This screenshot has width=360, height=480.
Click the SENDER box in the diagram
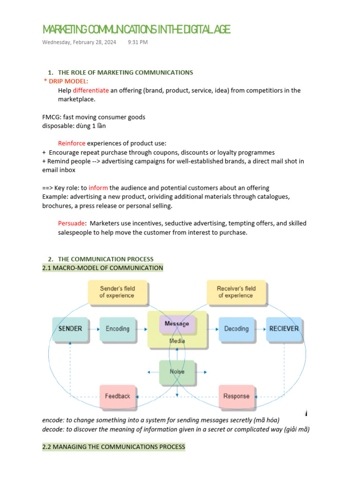tap(70, 329)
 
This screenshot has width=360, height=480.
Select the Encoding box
tap(117, 329)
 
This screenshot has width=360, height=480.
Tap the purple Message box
tap(177, 324)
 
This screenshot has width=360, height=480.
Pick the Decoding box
tap(236, 329)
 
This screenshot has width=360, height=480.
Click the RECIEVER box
tap(284, 329)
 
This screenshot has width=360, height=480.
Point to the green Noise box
tap(177, 371)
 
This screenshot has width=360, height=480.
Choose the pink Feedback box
tap(118, 396)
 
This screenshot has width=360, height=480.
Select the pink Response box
tap(236, 396)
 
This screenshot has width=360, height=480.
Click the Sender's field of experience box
tap(117, 292)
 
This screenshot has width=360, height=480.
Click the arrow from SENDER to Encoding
tap(94, 329)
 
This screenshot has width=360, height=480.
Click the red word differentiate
tap(91, 90)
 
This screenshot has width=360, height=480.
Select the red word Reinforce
tap(72, 143)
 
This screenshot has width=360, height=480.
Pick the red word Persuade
tap(71, 223)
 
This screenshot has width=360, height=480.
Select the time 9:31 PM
tap(137, 42)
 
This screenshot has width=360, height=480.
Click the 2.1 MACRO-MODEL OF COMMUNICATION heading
tap(103, 268)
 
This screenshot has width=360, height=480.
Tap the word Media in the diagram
tap(177, 341)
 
